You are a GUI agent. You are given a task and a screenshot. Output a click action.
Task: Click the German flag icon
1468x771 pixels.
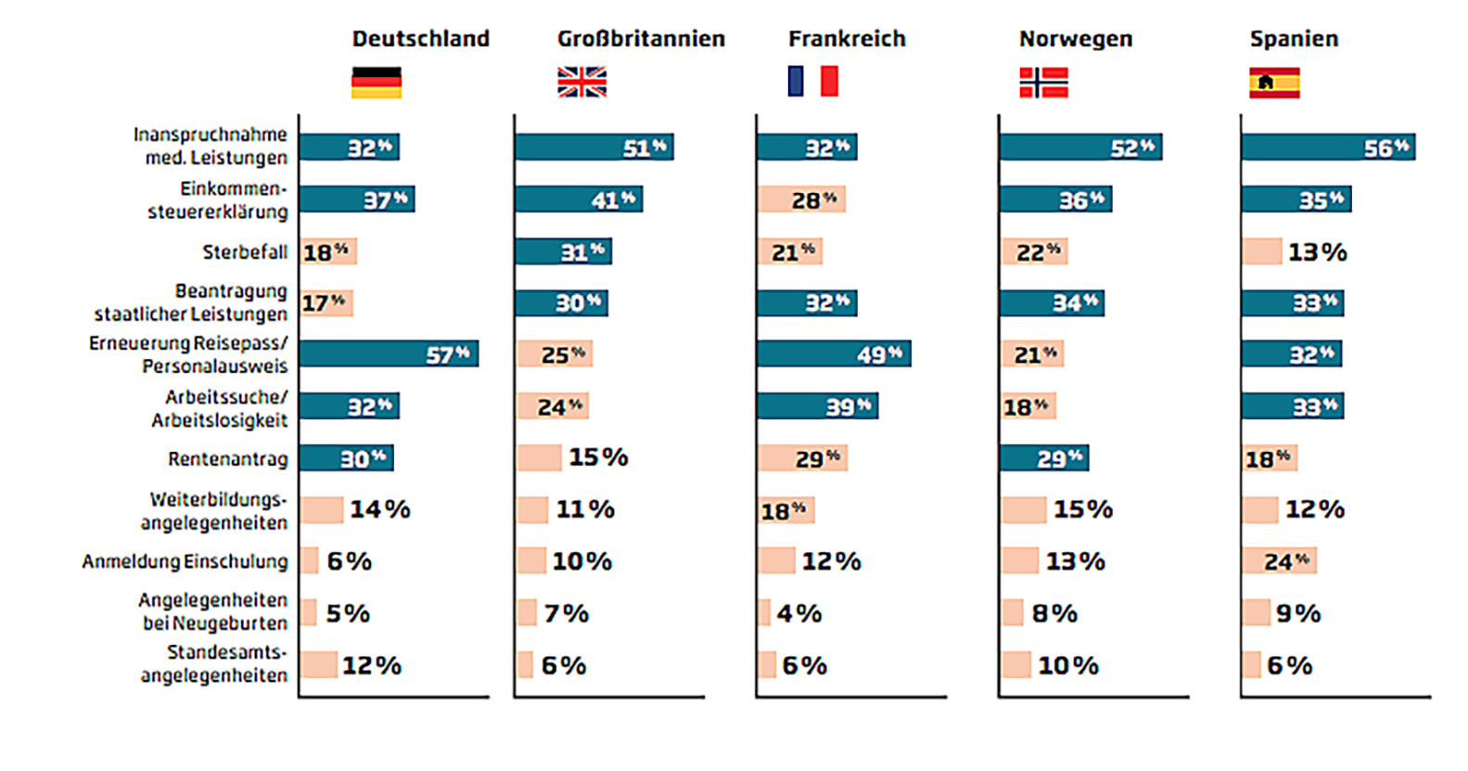pyautogui.click(x=377, y=83)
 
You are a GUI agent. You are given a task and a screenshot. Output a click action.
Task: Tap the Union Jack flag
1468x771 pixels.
pyautogui.click(x=581, y=83)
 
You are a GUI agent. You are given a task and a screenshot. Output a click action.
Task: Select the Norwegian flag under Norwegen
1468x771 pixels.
pyautogui.click(x=1043, y=83)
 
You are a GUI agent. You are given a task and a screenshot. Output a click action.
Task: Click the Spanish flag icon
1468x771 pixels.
pyautogui.click(x=1274, y=83)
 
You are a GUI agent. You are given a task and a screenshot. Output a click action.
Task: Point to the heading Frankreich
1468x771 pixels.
pyautogui.click(x=847, y=39)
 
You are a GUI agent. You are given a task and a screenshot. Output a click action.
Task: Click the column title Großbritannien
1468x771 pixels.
pyautogui.click(x=641, y=39)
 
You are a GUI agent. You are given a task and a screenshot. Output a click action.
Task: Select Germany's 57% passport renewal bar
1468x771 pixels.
pyautogui.click(x=389, y=353)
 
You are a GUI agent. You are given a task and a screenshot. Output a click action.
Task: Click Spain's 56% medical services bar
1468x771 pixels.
pyautogui.click(x=1328, y=147)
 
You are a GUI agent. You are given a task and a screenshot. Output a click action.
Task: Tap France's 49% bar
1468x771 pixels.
pyautogui.click(x=834, y=353)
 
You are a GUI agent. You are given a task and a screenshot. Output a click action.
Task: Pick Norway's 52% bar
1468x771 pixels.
pyautogui.click(x=1080, y=147)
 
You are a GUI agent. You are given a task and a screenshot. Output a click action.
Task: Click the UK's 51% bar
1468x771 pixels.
pyautogui.click(x=594, y=147)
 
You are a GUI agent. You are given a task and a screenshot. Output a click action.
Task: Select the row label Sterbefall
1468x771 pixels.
pyautogui.click(x=245, y=252)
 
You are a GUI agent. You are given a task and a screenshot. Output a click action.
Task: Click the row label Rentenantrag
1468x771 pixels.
pyautogui.click(x=228, y=459)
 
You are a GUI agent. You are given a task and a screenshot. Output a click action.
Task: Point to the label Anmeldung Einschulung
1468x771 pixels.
pyautogui.click(x=185, y=561)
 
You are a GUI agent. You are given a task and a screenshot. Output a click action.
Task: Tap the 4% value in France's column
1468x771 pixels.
pyautogui.click(x=798, y=613)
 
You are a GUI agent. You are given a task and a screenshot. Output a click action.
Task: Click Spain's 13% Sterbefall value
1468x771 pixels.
pyautogui.click(x=1317, y=252)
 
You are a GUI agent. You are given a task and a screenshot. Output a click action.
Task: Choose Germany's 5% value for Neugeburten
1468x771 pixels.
pyautogui.click(x=348, y=613)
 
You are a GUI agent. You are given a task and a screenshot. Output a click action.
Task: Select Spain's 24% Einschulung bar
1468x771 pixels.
pyautogui.click(x=1279, y=560)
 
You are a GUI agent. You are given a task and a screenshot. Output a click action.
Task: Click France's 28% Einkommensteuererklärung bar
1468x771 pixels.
pyautogui.click(x=801, y=199)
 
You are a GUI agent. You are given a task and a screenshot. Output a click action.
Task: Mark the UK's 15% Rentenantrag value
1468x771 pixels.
pyautogui.click(x=598, y=457)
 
